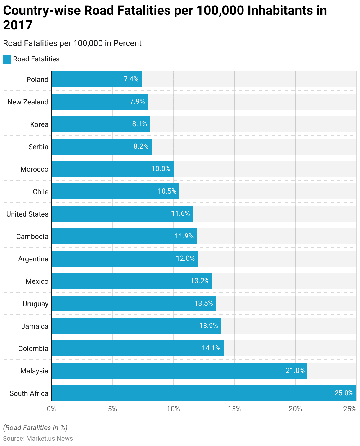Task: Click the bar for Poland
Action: (x=96, y=79)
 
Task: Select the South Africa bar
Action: (x=204, y=393)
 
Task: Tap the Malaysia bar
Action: (x=179, y=371)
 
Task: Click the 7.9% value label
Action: (x=137, y=102)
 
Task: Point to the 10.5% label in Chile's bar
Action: (x=167, y=191)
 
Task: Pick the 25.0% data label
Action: (x=344, y=393)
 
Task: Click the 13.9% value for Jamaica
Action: (x=209, y=326)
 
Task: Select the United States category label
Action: (x=27, y=214)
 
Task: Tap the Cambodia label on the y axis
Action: (x=32, y=237)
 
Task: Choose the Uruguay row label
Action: (x=35, y=304)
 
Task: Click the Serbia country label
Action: (x=38, y=147)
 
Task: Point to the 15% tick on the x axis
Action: (x=234, y=409)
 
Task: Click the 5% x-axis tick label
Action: (x=112, y=409)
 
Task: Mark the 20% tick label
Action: (x=295, y=409)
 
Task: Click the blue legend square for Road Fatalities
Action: (x=7, y=59)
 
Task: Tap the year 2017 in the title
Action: (x=18, y=25)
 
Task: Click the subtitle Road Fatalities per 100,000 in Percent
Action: (x=72, y=43)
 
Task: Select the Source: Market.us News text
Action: (x=38, y=438)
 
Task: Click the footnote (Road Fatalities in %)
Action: (x=35, y=428)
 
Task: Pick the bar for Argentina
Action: (x=125, y=259)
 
